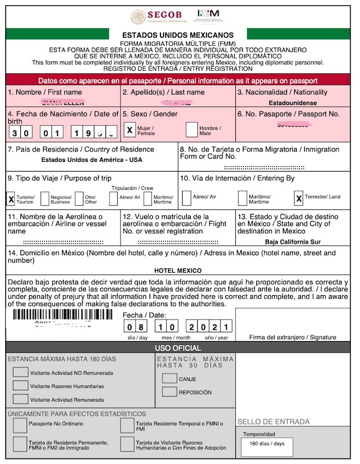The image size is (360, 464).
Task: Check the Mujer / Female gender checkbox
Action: [130, 130]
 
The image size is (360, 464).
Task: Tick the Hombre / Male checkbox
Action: [192, 130]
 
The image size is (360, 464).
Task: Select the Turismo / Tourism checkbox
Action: [11, 199]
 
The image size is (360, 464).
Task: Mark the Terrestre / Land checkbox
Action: [299, 199]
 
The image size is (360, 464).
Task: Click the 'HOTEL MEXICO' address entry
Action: [178, 271]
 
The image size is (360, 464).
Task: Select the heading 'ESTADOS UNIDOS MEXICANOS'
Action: [179, 35]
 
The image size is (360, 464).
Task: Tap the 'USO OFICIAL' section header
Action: [179, 347]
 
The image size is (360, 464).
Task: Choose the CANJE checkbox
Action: [169, 379]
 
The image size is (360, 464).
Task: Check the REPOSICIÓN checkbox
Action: [169, 392]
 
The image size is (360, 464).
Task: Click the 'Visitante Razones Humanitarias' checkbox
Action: [20, 385]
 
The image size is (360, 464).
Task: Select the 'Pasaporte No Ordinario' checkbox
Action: [20, 424]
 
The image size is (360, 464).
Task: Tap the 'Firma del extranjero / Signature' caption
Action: [293, 337]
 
